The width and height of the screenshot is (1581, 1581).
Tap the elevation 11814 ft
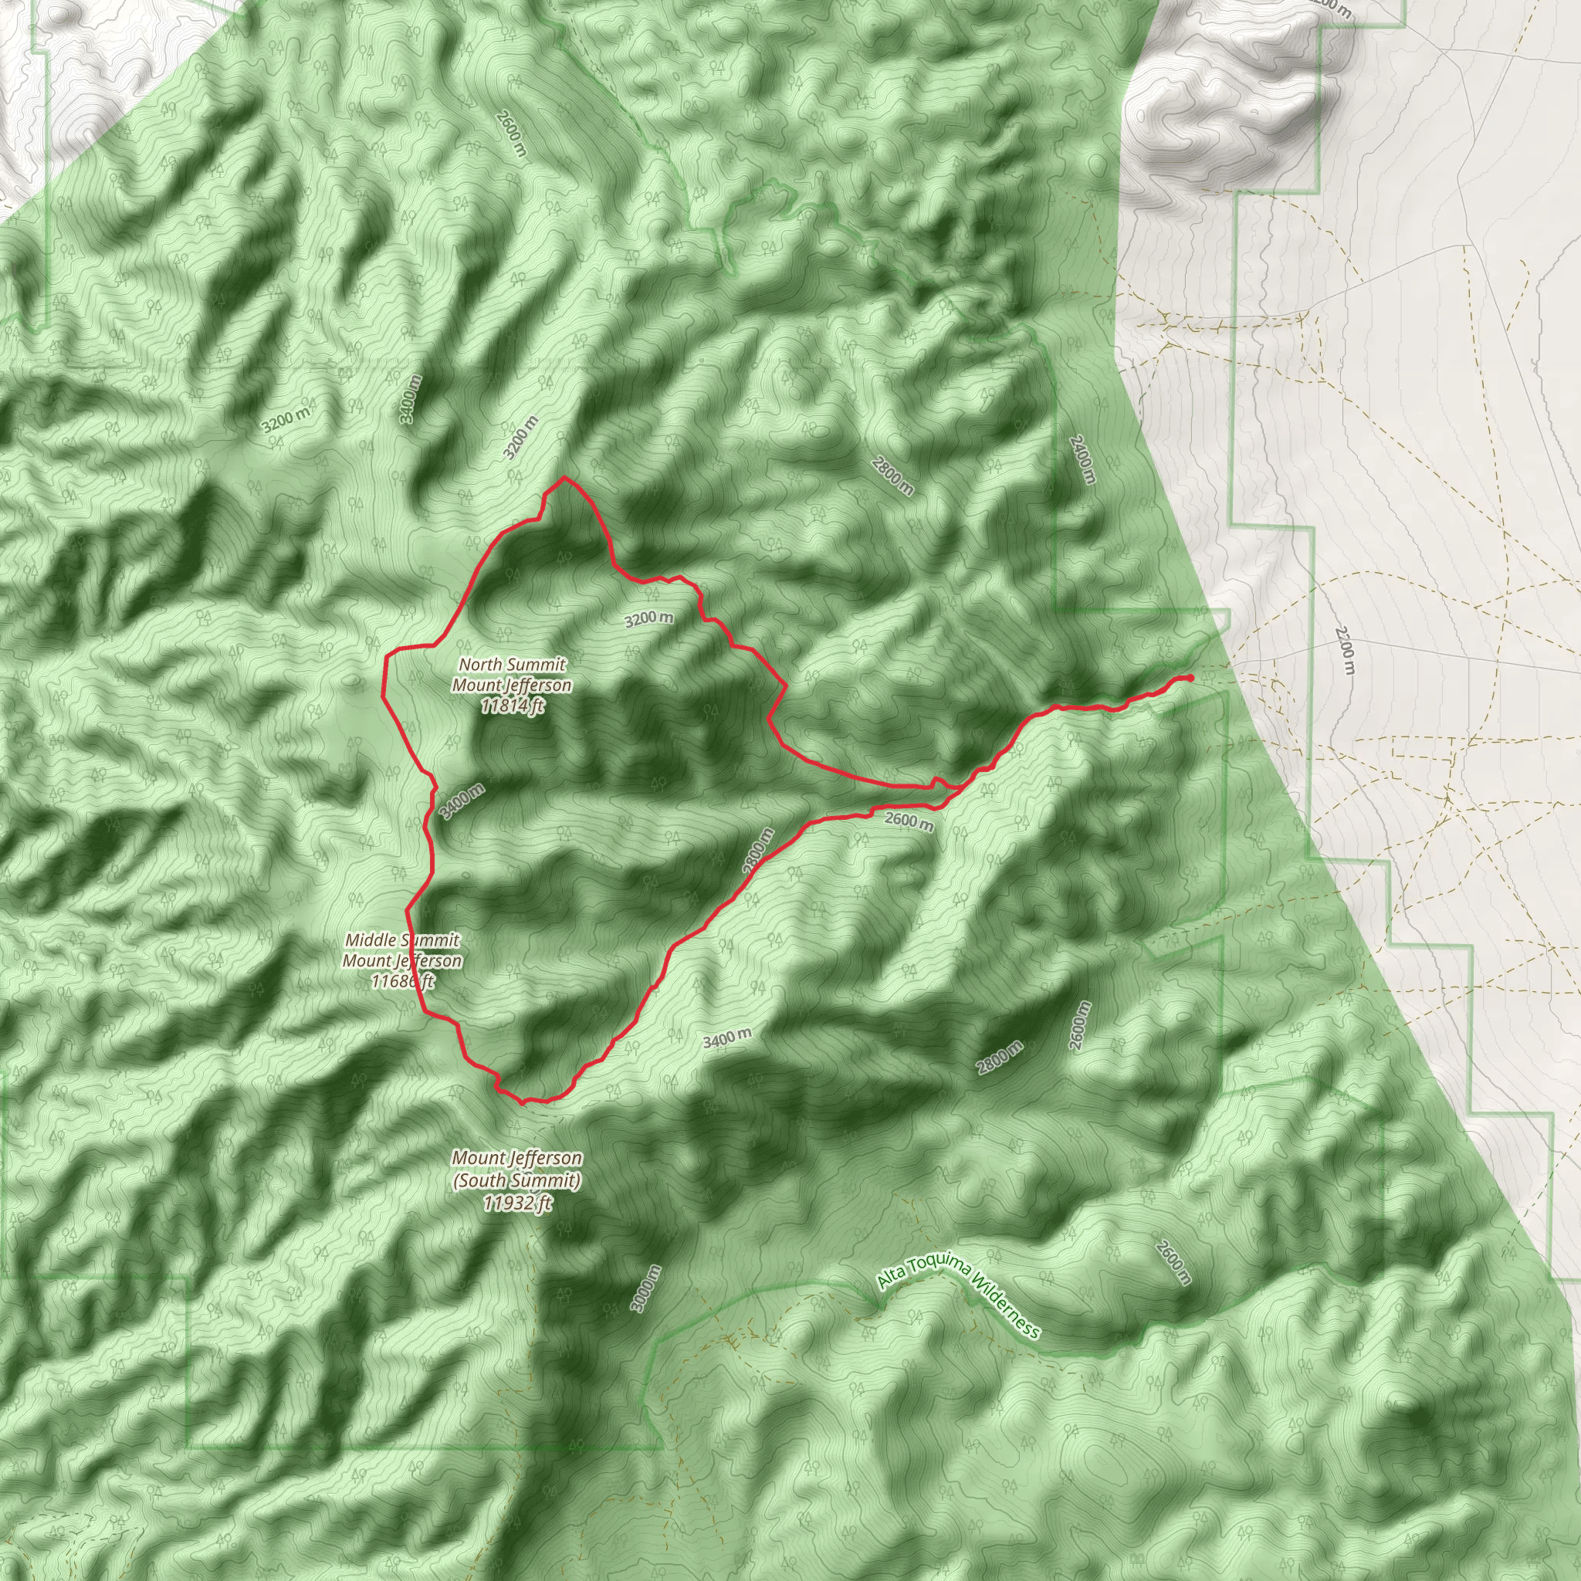pyautogui.click(x=513, y=706)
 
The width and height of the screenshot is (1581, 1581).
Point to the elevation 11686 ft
pyautogui.click(x=401, y=980)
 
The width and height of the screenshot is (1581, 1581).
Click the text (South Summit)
pyautogui.click(x=516, y=1180)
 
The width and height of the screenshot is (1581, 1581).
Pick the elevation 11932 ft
pyautogui.click(x=516, y=1202)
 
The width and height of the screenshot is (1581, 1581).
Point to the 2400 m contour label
pyautogui.click(x=1082, y=459)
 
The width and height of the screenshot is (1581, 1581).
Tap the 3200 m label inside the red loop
pyautogui.click(x=649, y=618)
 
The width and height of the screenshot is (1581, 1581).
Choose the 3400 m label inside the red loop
pyautogui.click(x=462, y=801)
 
